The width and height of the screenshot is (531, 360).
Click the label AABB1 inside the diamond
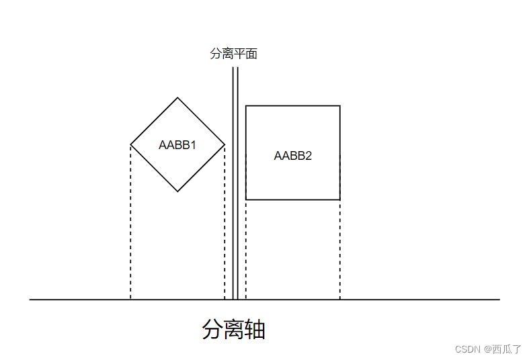click(x=177, y=144)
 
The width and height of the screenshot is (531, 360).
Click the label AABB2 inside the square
click(x=293, y=155)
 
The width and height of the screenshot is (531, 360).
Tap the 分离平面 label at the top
click(x=233, y=54)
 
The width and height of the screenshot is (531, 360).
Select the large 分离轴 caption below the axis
click(x=233, y=330)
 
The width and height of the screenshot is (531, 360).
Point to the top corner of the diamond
click(x=177, y=98)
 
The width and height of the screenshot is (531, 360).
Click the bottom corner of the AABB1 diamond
click(x=177, y=191)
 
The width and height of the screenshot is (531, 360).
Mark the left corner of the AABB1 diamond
click(x=130, y=144)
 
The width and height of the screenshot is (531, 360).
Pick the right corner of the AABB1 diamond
click(x=224, y=144)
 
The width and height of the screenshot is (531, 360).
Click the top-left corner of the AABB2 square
click(x=246, y=106)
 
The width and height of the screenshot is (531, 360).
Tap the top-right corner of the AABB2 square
click(x=339, y=106)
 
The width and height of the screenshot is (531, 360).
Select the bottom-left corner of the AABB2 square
click(x=246, y=199)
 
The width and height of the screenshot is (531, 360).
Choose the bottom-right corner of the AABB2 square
click(x=339, y=199)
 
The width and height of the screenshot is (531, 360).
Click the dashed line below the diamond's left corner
click(x=130, y=222)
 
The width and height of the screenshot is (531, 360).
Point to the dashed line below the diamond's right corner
click(x=224, y=222)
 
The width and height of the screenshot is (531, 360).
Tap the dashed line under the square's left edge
click(x=246, y=249)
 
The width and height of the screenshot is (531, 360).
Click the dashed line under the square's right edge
click(x=339, y=249)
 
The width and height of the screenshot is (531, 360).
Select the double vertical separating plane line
click(x=235, y=181)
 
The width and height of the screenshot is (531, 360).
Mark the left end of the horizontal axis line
click(x=30, y=299)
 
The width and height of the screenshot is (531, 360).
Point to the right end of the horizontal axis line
click(x=499, y=299)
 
